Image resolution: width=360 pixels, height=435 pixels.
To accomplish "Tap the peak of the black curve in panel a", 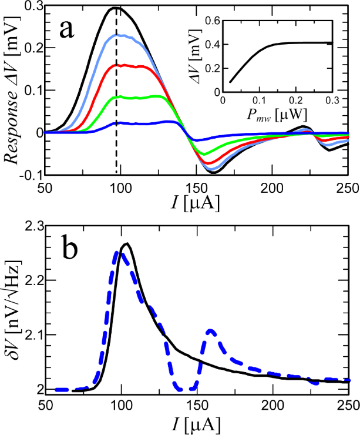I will pyautogui.click(x=115, y=8).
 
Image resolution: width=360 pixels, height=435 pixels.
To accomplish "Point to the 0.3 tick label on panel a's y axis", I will pyautogui.click(x=30, y=7).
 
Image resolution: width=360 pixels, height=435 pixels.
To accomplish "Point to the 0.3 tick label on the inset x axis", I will pyautogui.click(x=333, y=101).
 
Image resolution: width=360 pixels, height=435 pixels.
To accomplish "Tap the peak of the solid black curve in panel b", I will pyautogui.click(x=125, y=243).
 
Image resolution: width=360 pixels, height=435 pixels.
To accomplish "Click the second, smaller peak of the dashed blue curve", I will pyautogui.click(x=211, y=330).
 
